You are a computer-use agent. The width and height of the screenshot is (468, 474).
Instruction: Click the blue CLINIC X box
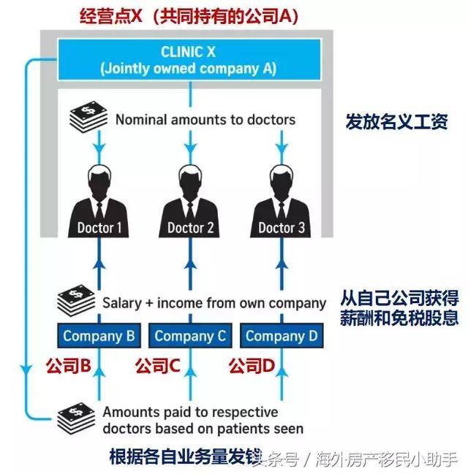pyautogui.click(x=188, y=59)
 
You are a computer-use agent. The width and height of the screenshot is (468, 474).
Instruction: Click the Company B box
pyautogui.click(x=98, y=336)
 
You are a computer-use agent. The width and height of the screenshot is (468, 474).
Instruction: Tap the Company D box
pyautogui.click(x=282, y=336)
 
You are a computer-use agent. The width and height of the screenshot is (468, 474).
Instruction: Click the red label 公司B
pyautogui.click(x=67, y=365)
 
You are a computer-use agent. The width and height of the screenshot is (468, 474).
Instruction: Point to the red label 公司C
pyautogui.click(x=157, y=365)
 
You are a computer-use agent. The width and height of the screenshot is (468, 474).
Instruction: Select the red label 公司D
pyautogui.click(x=251, y=365)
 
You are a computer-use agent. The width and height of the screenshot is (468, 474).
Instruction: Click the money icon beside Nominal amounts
pyautogui.click(x=86, y=116)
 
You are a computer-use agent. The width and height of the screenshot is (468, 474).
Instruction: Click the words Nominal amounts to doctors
pyautogui.click(x=205, y=119)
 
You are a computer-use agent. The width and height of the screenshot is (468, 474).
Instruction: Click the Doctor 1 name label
pyautogui.click(x=99, y=227)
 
